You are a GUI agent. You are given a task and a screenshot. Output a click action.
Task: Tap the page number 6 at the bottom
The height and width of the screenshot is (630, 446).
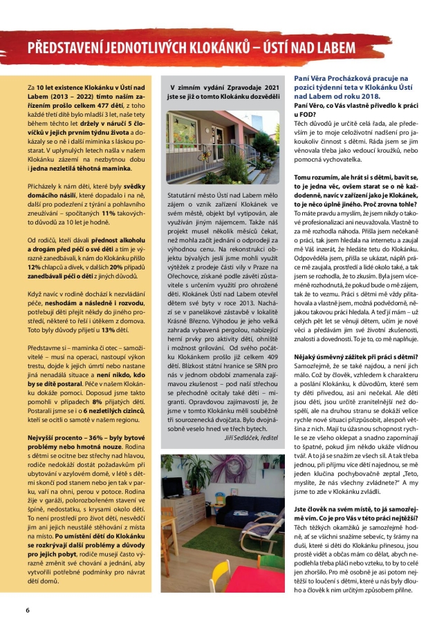[x=28, y=610]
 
